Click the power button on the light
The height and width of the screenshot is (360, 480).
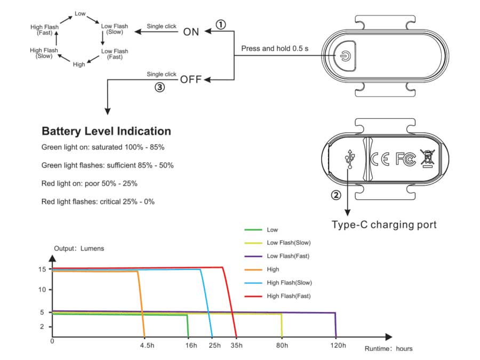(345, 56)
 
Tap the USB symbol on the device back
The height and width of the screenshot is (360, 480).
(349, 159)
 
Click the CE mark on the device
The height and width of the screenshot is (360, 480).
(380, 159)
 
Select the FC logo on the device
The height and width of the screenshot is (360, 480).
(406, 159)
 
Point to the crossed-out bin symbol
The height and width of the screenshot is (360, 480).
(428, 158)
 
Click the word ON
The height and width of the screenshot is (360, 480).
(191, 32)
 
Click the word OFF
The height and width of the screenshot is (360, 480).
(191, 79)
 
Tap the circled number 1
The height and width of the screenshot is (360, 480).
(221, 25)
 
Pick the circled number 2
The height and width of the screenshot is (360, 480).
(336, 195)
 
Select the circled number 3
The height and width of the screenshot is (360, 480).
(159, 87)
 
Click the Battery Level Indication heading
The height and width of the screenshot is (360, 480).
(106, 131)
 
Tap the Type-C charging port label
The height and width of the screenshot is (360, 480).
(384, 225)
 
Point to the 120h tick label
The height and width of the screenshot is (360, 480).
(338, 345)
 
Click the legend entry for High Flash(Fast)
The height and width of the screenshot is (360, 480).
(278, 296)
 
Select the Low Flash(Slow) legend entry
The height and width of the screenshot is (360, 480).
(278, 243)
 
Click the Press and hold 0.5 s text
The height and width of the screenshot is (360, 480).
(275, 49)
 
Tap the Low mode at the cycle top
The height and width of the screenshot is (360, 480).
(80, 14)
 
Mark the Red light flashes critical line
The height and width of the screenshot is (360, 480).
(98, 202)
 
